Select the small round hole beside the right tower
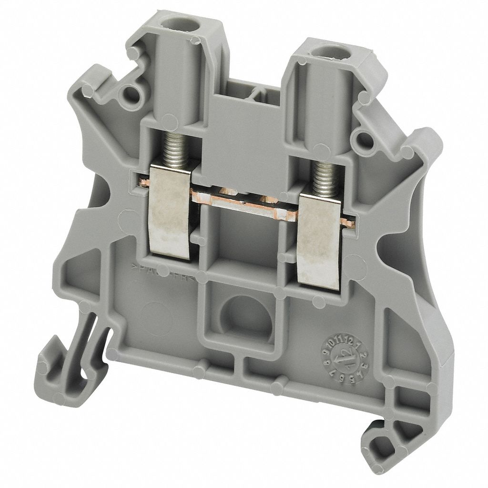364,140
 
